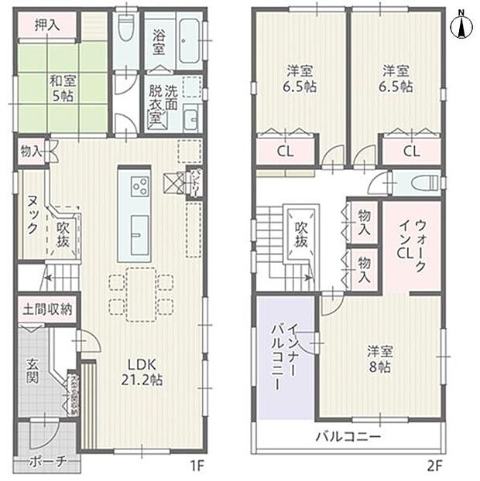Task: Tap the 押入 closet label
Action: coord(47,25)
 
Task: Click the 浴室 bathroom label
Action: coord(159,42)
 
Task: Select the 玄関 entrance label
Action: coord(35,372)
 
